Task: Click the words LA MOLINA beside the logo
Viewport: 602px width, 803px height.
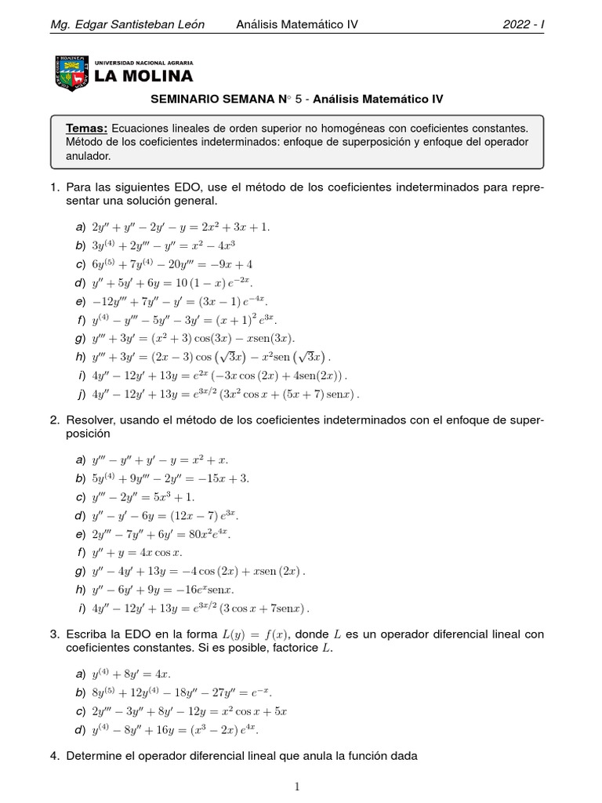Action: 143,76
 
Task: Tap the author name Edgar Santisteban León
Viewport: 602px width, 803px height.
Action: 127,24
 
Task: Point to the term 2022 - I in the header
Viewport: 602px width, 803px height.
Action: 523,24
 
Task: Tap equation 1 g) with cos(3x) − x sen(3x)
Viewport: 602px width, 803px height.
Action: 194,338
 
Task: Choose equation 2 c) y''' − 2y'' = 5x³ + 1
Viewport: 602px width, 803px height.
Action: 143,497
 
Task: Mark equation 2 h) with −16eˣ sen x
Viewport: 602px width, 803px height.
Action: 163,590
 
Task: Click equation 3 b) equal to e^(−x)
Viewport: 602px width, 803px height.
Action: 182,692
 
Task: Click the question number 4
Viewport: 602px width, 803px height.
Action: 54,757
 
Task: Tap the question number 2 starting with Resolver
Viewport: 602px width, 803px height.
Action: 54,421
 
